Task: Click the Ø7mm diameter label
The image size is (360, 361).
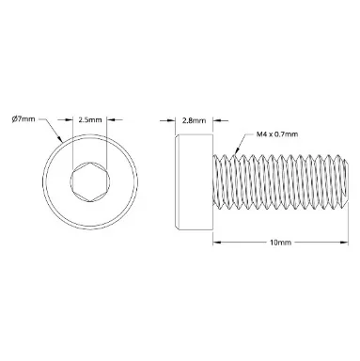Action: [23, 119]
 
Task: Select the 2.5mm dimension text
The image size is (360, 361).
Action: [90, 119]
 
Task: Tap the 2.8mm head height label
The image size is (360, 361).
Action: [195, 120]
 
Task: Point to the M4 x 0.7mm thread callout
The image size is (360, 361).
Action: [277, 134]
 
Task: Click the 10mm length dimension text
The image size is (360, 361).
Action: [280, 243]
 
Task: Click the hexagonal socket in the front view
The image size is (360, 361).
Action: [90, 181]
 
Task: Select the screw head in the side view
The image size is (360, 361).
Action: [194, 181]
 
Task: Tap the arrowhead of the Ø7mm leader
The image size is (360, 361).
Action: [59, 139]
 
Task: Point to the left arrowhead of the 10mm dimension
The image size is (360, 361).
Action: [217, 242]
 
